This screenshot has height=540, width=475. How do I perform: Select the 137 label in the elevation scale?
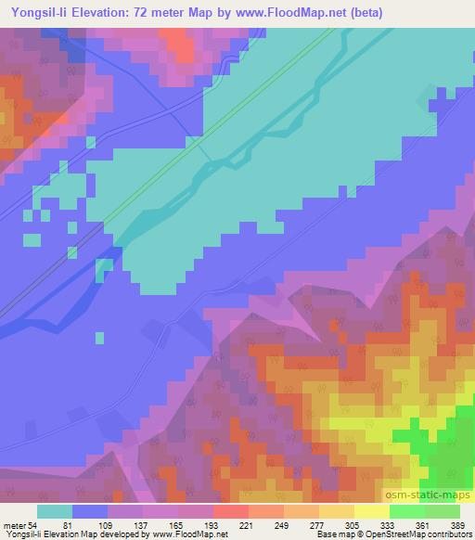(141, 525)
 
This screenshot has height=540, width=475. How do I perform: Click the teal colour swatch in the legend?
(55, 511)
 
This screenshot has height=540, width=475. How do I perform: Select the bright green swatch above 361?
(406, 511)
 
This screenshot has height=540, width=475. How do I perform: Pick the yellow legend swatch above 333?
(371, 511)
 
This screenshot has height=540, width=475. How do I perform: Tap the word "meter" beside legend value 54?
(19, 525)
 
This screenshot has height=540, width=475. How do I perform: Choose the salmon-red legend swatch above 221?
(230, 511)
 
